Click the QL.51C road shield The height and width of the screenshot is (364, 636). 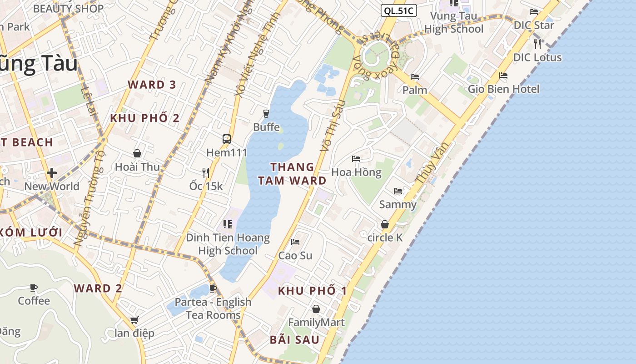(398, 11)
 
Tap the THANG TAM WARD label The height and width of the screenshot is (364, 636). (292, 174)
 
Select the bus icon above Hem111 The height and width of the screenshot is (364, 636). (226, 139)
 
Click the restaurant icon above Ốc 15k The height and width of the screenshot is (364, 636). (206, 172)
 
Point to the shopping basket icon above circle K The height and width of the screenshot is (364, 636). (385, 224)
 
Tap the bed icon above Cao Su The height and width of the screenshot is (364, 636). (295, 242)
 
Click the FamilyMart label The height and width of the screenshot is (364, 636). (317, 323)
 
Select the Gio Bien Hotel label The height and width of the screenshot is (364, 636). (503, 89)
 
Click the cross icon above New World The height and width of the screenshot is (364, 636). (52, 173)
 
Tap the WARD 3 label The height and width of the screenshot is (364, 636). (152, 85)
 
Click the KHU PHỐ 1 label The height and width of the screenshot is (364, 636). (312, 291)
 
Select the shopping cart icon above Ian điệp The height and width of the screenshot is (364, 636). (134, 320)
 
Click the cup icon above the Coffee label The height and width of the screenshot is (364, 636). (34, 288)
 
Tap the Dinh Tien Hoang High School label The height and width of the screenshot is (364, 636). (228, 244)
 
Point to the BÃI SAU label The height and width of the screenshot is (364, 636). (294, 339)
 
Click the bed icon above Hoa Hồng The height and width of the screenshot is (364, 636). (356, 159)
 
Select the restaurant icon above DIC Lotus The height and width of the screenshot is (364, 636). (537, 44)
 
